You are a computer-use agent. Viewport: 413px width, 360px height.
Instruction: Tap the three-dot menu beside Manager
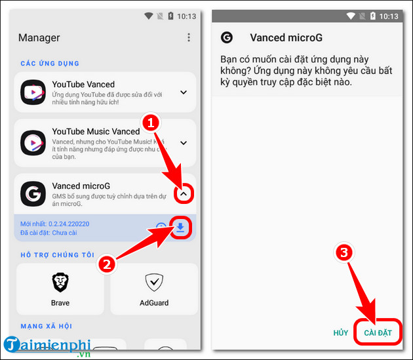(189, 37)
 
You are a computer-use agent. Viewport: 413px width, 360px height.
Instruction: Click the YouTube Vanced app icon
(33, 92)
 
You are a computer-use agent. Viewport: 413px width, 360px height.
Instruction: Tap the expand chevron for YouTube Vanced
(184, 92)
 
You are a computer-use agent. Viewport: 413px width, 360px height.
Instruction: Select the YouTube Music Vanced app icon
(33, 142)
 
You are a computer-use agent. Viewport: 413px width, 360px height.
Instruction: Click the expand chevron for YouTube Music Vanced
(184, 143)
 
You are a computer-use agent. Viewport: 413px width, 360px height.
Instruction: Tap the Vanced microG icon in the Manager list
(33, 193)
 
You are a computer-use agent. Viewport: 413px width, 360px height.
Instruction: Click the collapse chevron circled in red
(184, 193)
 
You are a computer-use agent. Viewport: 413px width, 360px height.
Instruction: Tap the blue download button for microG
(180, 228)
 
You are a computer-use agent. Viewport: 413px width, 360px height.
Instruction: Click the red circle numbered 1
(151, 123)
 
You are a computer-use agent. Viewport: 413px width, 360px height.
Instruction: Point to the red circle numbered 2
(107, 264)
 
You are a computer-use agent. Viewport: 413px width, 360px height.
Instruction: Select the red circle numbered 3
(344, 252)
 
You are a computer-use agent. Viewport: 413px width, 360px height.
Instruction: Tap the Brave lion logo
(60, 282)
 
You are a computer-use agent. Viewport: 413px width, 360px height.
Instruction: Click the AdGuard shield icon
(154, 283)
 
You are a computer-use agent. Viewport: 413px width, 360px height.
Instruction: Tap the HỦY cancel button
(341, 333)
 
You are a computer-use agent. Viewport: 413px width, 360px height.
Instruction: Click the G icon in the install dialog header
(227, 37)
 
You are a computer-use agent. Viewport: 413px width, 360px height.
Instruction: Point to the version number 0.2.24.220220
(69, 224)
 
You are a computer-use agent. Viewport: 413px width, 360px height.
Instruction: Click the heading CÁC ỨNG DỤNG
(50, 63)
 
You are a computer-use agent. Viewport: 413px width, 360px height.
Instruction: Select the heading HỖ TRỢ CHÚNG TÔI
(58, 254)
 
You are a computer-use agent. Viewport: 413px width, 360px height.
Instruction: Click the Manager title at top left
(39, 37)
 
